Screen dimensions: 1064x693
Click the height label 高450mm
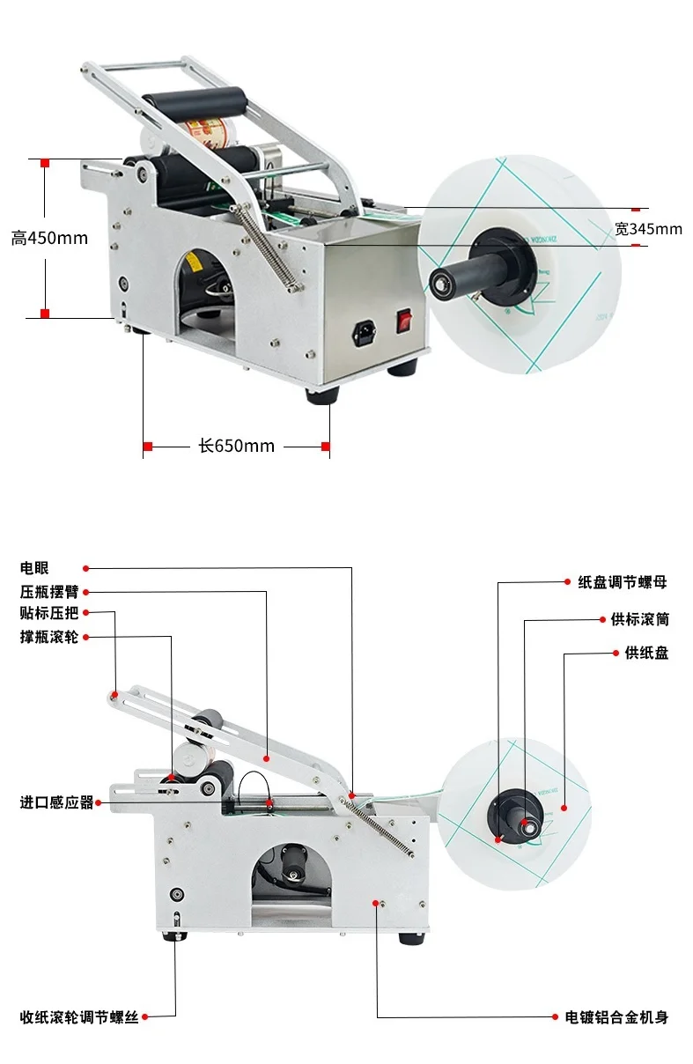point(49,238)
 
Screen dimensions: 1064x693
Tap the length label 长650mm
point(236,447)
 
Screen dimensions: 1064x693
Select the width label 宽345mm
point(648,229)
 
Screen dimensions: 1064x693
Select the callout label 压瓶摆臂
point(49,592)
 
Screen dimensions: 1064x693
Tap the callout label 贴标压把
point(49,614)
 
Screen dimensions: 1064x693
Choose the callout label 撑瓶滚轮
point(49,636)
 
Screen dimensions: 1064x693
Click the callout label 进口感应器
point(56,802)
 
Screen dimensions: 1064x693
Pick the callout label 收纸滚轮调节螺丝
point(79,1018)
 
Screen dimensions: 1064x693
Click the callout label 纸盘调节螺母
point(622,582)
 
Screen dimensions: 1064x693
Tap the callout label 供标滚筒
point(639,619)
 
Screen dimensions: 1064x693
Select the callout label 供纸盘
point(646,653)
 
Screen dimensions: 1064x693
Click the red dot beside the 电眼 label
point(86,569)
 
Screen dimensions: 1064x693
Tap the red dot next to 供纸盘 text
point(616,653)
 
